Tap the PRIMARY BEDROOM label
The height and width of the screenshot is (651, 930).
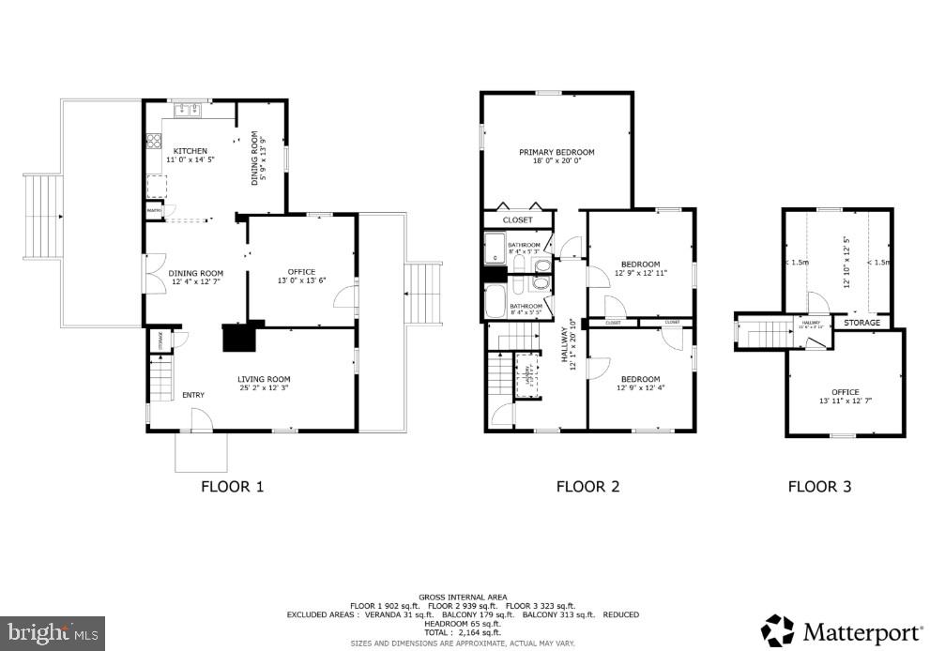pyautogui.click(x=556, y=152)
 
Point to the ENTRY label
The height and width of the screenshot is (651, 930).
pyautogui.click(x=193, y=395)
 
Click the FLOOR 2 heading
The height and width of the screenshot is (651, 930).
pyautogui.click(x=587, y=486)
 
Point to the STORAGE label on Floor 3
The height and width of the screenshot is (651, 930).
pyautogui.click(x=861, y=323)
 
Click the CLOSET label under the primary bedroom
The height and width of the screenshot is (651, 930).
pyautogui.click(x=517, y=220)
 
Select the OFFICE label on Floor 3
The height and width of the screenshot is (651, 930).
pyautogui.click(x=845, y=392)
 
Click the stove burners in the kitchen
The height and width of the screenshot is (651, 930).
pyautogui.click(x=152, y=143)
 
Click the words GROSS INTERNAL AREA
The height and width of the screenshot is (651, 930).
pyautogui.click(x=463, y=597)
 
